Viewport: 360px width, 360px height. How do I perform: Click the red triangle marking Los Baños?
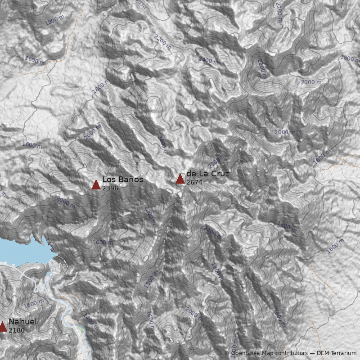[x=96, y=184]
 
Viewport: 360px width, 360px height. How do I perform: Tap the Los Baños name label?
[x=122, y=180]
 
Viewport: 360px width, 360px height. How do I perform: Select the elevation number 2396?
[x=110, y=188]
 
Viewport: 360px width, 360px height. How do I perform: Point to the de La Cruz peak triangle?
[x=180, y=179]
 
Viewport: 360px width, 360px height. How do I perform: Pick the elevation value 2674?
[x=194, y=183]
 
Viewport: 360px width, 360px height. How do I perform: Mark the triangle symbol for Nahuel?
[x=3, y=327]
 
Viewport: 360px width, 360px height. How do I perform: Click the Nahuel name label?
[x=22, y=322]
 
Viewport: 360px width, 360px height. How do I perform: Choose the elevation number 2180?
[x=17, y=330]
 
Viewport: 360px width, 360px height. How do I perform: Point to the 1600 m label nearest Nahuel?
[x=34, y=304]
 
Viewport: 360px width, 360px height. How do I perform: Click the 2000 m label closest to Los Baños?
[x=66, y=202]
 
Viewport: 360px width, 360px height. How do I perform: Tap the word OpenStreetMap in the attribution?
[x=250, y=353]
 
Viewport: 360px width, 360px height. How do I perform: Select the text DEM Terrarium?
[x=337, y=353]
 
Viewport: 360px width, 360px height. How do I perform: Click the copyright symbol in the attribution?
[x=227, y=353]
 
